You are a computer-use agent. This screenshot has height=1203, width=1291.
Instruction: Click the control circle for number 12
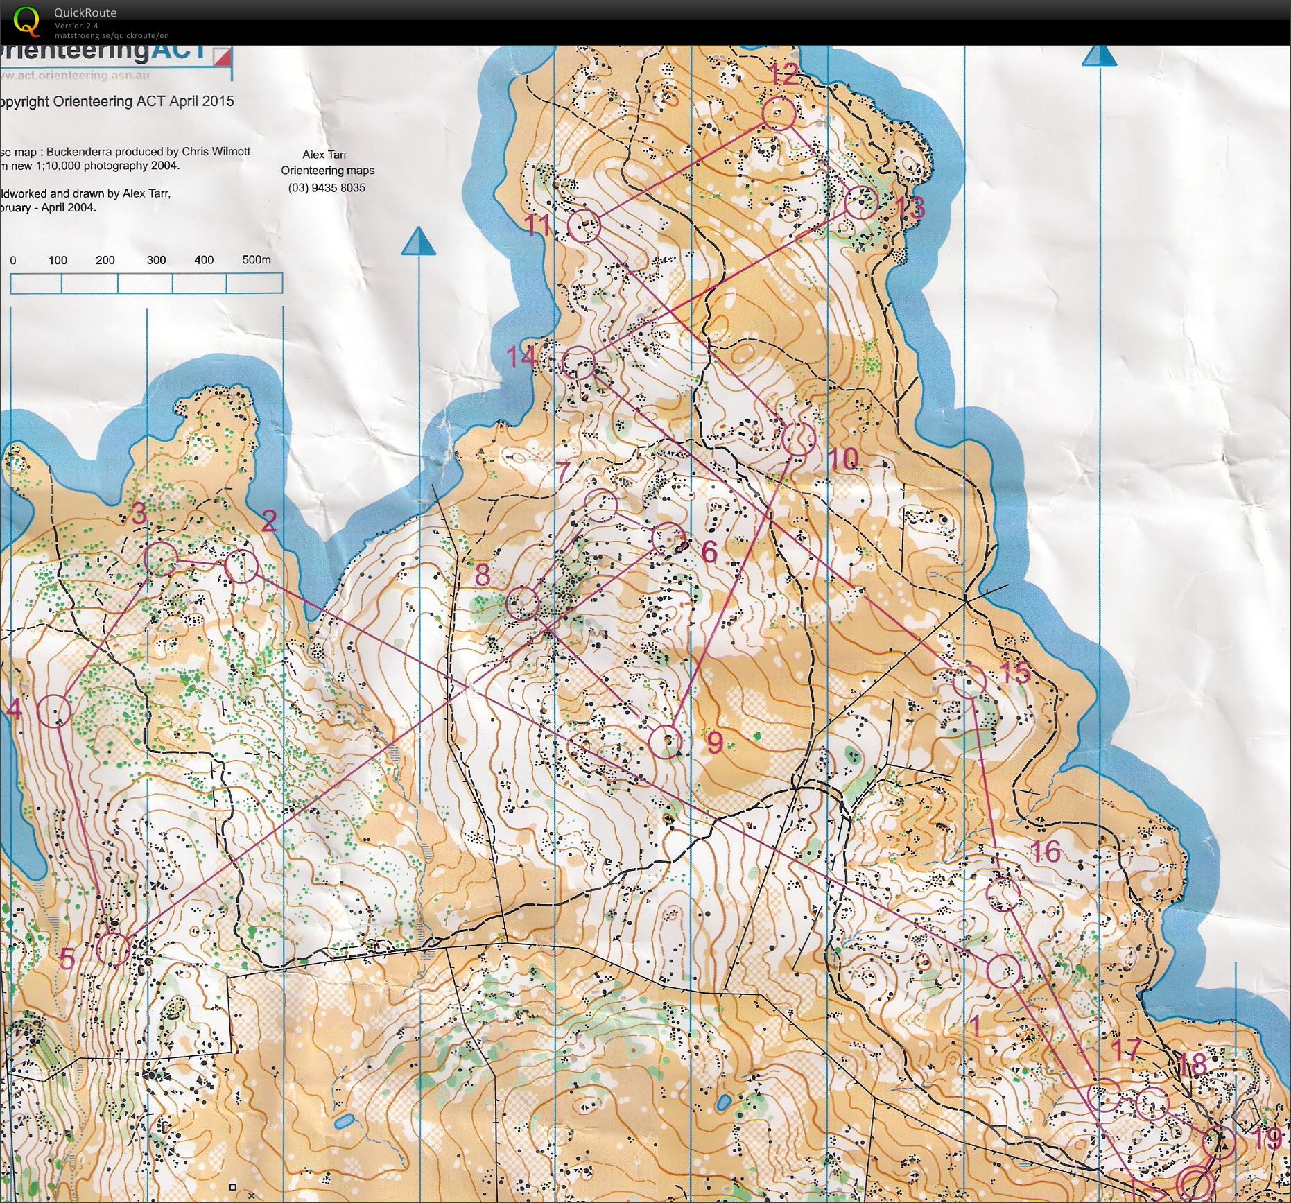[x=779, y=113]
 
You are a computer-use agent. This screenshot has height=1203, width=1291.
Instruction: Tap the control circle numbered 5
[x=113, y=949]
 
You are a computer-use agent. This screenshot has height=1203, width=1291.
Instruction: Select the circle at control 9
[x=666, y=742]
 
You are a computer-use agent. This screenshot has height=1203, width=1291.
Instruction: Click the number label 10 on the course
[x=843, y=458]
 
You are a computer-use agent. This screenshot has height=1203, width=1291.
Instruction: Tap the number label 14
[x=521, y=356]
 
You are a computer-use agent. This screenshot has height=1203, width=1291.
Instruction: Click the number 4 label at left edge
[x=14, y=709]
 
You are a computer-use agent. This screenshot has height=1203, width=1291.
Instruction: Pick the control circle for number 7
[x=600, y=505]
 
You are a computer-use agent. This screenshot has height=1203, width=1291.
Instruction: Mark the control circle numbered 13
[x=861, y=202]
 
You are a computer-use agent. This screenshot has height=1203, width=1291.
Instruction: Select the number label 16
[x=1046, y=851]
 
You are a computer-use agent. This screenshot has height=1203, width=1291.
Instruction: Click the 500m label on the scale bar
[x=256, y=260]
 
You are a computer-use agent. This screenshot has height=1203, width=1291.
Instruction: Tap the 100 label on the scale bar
[x=58, y=261]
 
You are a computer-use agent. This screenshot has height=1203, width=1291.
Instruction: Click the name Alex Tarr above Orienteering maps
[x=324, y=155]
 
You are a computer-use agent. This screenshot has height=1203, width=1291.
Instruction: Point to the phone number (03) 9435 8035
[x=327, y=188]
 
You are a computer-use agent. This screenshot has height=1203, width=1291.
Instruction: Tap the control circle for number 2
[x=241, y=566]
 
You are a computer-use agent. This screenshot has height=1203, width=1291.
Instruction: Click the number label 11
[x=537, y=225]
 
